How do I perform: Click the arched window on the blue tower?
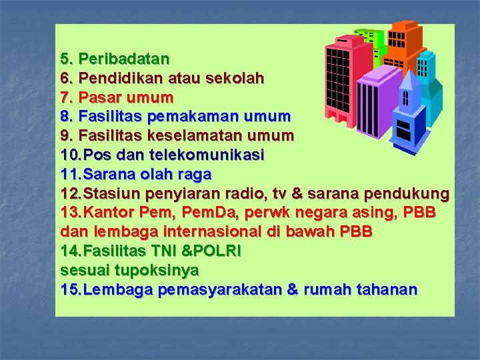click(x=405, y=99)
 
